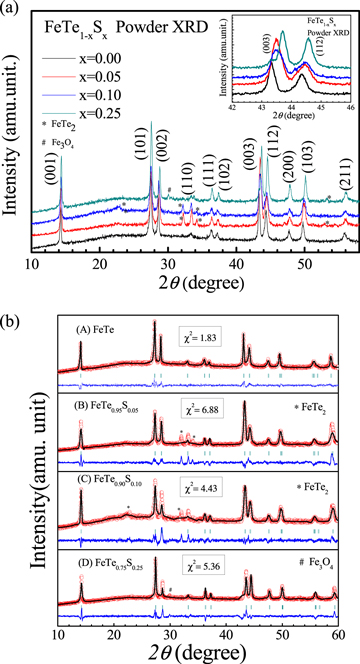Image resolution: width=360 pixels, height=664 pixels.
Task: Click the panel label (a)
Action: click(15, 9)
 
